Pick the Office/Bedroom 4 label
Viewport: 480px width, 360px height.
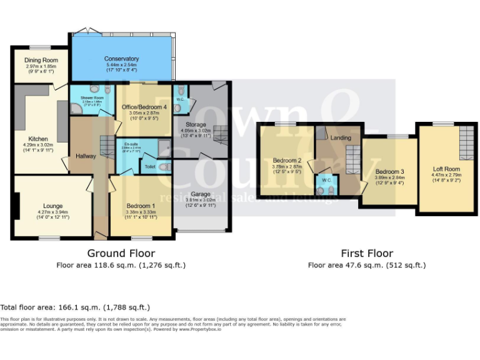[143, 107]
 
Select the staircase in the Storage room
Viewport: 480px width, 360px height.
[220, 132]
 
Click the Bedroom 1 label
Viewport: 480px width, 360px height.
[141, 206]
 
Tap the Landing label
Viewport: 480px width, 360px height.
[341, 138]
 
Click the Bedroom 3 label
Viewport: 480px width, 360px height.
[389, 171]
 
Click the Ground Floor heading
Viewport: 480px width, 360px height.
[121, 253]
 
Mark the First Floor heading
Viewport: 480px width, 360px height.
[367, 253]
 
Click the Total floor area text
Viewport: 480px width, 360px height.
[75, 307]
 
